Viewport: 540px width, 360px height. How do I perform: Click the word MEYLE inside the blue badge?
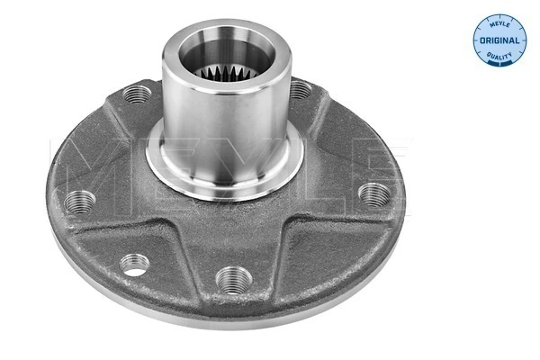pyautogui.click(x=499, y=24)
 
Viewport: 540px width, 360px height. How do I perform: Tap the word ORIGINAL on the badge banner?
pyautogui.click(x=499, y=40)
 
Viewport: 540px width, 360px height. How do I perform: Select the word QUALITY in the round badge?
pyautogui.click(x=499, y=56)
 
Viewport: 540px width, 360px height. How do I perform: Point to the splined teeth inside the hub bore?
pyautogui.click(x=227, y=73)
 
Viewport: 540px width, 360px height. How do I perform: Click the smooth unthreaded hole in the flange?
pyautogui.click(x=135, y=265)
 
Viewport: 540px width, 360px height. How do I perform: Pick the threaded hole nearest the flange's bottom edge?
pyautogui.click(x=234, y=279)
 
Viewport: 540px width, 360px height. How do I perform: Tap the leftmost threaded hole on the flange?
pyautogui.click(x=79, y=202)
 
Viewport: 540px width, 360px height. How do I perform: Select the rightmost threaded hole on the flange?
pyautogui.click(x=374, y=195)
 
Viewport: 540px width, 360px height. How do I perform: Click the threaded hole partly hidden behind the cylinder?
pyautogui.click(x=300, y=90)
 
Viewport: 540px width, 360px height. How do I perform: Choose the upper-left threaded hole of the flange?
pyautogui.click(x=137, y=94)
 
